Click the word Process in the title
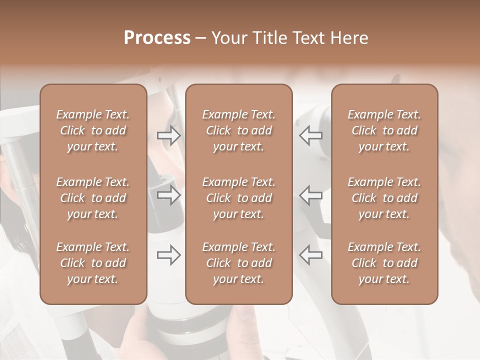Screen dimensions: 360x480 157,38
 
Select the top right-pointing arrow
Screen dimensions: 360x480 169,135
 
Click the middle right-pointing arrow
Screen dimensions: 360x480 169,195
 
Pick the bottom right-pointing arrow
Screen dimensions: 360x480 169,255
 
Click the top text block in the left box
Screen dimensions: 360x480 93,130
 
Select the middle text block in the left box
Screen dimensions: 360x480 93,198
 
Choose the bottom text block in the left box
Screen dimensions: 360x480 93,263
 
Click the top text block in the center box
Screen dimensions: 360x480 238,130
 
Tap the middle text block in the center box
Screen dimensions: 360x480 238,198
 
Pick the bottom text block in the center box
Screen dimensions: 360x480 238,263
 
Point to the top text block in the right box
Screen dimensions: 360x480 384,130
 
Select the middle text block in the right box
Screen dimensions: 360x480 384,198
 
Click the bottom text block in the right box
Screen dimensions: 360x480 384,263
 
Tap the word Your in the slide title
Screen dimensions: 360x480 228,38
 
